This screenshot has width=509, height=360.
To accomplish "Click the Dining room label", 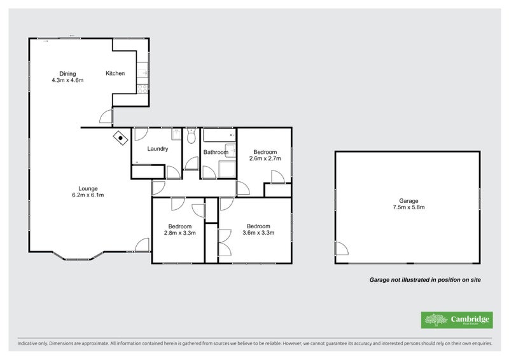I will pyautogui.click(x=67, y=73).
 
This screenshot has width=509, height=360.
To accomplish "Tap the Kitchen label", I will pyautogui.click(x=115, y=74).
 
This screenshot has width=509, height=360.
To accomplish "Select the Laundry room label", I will pyautogui.click(x=157, y=149).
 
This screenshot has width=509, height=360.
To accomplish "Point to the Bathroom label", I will pyautogui.click(x=216, y=152).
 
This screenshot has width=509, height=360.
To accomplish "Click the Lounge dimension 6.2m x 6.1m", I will pyautogui.click(x=87, y=195).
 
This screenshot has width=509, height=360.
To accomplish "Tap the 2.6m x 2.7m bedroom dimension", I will pyautogui.click(x=265, y=159).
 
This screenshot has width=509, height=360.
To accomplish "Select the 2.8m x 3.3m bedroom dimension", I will pyautogui.click(x=179, y=233).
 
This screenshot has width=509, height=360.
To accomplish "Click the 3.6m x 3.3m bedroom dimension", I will pyautogui.click(x=258, y=233).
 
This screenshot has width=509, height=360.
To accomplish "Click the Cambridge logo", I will pyautogui.click(x=456, y=320).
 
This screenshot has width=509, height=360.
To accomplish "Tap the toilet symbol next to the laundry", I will pyautogui.click(x=191, y=135).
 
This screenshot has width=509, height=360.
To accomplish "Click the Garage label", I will pyautogui.click(x=409, y=201).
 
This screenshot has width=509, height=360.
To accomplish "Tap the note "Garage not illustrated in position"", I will pyautogui.click(x=426, y=279).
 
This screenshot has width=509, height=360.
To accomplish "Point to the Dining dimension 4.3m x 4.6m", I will pyautogui.click(x=67, y=81).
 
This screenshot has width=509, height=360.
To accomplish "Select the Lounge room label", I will pyautogui.click(x=87, y=188).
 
